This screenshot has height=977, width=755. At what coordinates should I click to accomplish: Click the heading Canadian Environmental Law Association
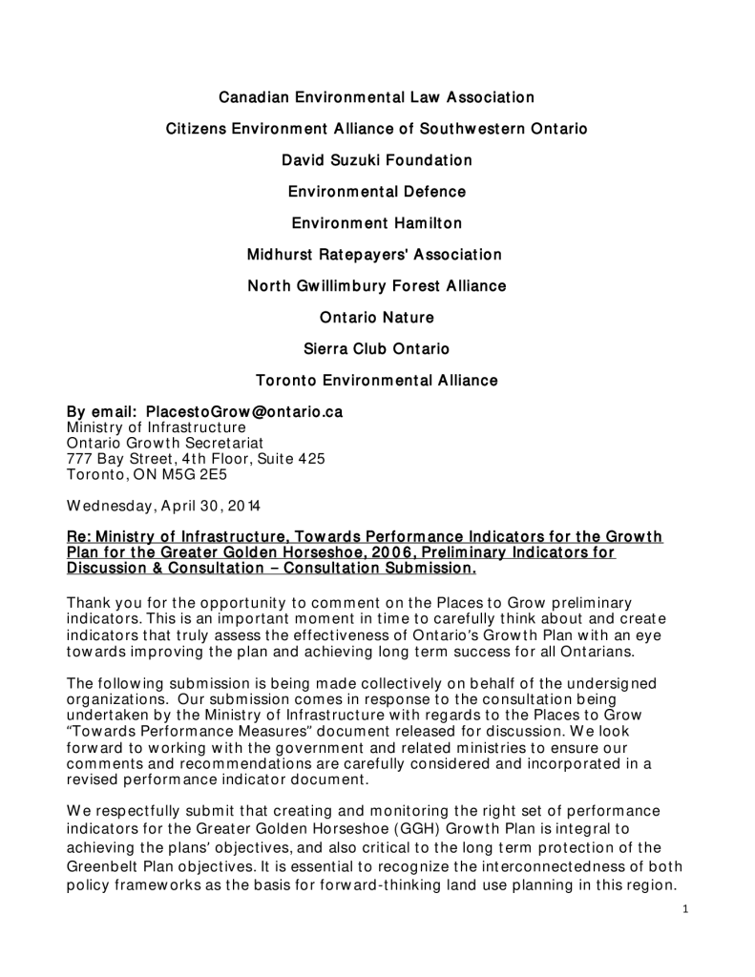pos(377,97)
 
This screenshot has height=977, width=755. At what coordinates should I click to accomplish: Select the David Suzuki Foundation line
pos(377,160)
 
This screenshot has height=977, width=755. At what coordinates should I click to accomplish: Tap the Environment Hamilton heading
pos(377,223)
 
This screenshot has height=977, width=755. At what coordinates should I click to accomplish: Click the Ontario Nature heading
pos(377,318)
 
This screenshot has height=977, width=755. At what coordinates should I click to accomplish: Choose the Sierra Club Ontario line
pos(377,349)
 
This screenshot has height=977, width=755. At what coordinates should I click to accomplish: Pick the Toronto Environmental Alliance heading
pos(377,381)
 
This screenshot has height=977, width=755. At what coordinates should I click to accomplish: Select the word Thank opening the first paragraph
pos(88,602)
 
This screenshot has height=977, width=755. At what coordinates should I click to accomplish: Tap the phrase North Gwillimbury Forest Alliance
pos(377,286)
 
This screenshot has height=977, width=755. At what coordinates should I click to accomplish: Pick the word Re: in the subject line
pos(79,537)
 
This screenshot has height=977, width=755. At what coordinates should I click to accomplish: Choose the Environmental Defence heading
pos(377,192)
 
